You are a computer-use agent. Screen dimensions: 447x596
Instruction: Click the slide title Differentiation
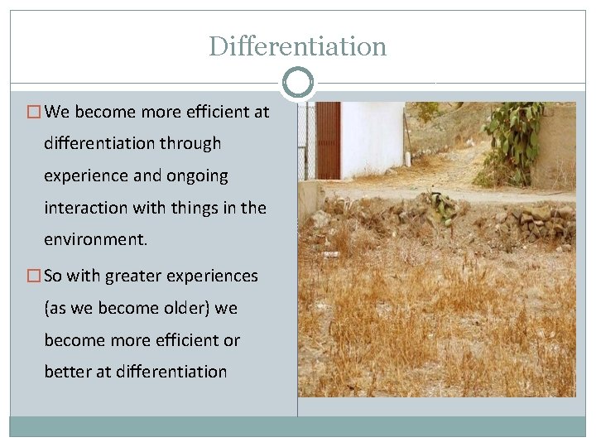tap(297, 46)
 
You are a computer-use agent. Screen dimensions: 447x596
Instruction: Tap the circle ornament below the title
tap(298, 83)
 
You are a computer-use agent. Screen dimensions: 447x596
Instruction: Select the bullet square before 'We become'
tap(35, 112)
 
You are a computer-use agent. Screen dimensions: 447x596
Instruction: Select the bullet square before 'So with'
tap(35, 276)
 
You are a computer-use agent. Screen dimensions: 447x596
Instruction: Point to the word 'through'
tap(191, 143)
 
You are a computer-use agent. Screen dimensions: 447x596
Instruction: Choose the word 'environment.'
tap(95, 241)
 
